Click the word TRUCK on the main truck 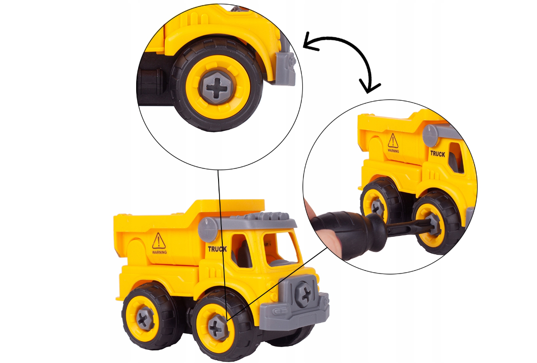point(217,249)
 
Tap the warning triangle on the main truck point(159,241)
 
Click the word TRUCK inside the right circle point(437,154)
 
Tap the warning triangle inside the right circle point(393,140)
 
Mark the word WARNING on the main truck point(159,252)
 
